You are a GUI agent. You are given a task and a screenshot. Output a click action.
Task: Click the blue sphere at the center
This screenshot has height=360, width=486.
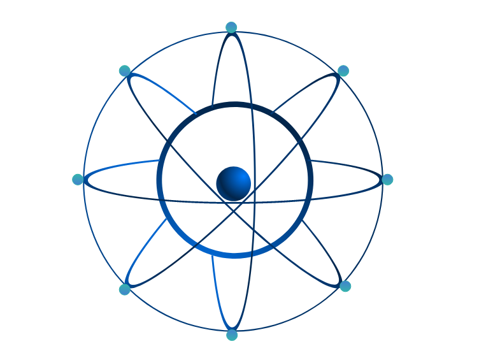click(233, 183)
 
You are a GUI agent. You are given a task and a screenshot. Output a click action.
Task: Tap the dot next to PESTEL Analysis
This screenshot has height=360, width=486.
click(231, 27)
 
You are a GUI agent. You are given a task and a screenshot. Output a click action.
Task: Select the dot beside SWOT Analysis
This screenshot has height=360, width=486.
click(343, 71)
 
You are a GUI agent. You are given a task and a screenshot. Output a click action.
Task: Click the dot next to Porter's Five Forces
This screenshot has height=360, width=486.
click(387, 180)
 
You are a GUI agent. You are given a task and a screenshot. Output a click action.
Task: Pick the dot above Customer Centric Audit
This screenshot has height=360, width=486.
click(345, 286)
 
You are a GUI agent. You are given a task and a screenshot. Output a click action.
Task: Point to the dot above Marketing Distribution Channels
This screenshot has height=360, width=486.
click(232, 335)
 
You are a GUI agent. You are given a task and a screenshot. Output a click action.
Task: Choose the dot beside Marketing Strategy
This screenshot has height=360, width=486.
click(125, 289)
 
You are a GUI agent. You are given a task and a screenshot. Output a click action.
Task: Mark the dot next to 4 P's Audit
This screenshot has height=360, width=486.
click(78, 180)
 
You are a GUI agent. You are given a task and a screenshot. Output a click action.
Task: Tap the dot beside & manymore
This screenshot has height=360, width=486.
click(125, 70)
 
